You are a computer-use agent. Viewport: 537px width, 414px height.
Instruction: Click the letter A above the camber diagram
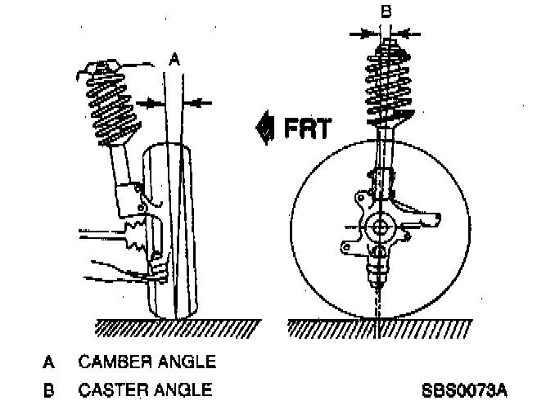[173, 59]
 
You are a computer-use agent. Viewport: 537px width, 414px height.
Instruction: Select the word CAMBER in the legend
[114, 361]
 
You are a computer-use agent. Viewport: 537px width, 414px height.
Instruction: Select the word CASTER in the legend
[112, 389]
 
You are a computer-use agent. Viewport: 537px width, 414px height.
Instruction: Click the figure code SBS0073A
[464, 389]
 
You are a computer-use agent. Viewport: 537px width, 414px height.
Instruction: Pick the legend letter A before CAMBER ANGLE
[50, 361]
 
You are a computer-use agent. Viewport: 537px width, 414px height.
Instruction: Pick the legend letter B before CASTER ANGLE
[50, 389]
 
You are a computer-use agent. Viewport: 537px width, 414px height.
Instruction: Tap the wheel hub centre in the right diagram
[380, 228]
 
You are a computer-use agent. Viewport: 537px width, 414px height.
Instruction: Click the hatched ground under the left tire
[176, 327]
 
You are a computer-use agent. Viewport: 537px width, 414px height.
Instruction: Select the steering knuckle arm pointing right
[426, 216]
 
